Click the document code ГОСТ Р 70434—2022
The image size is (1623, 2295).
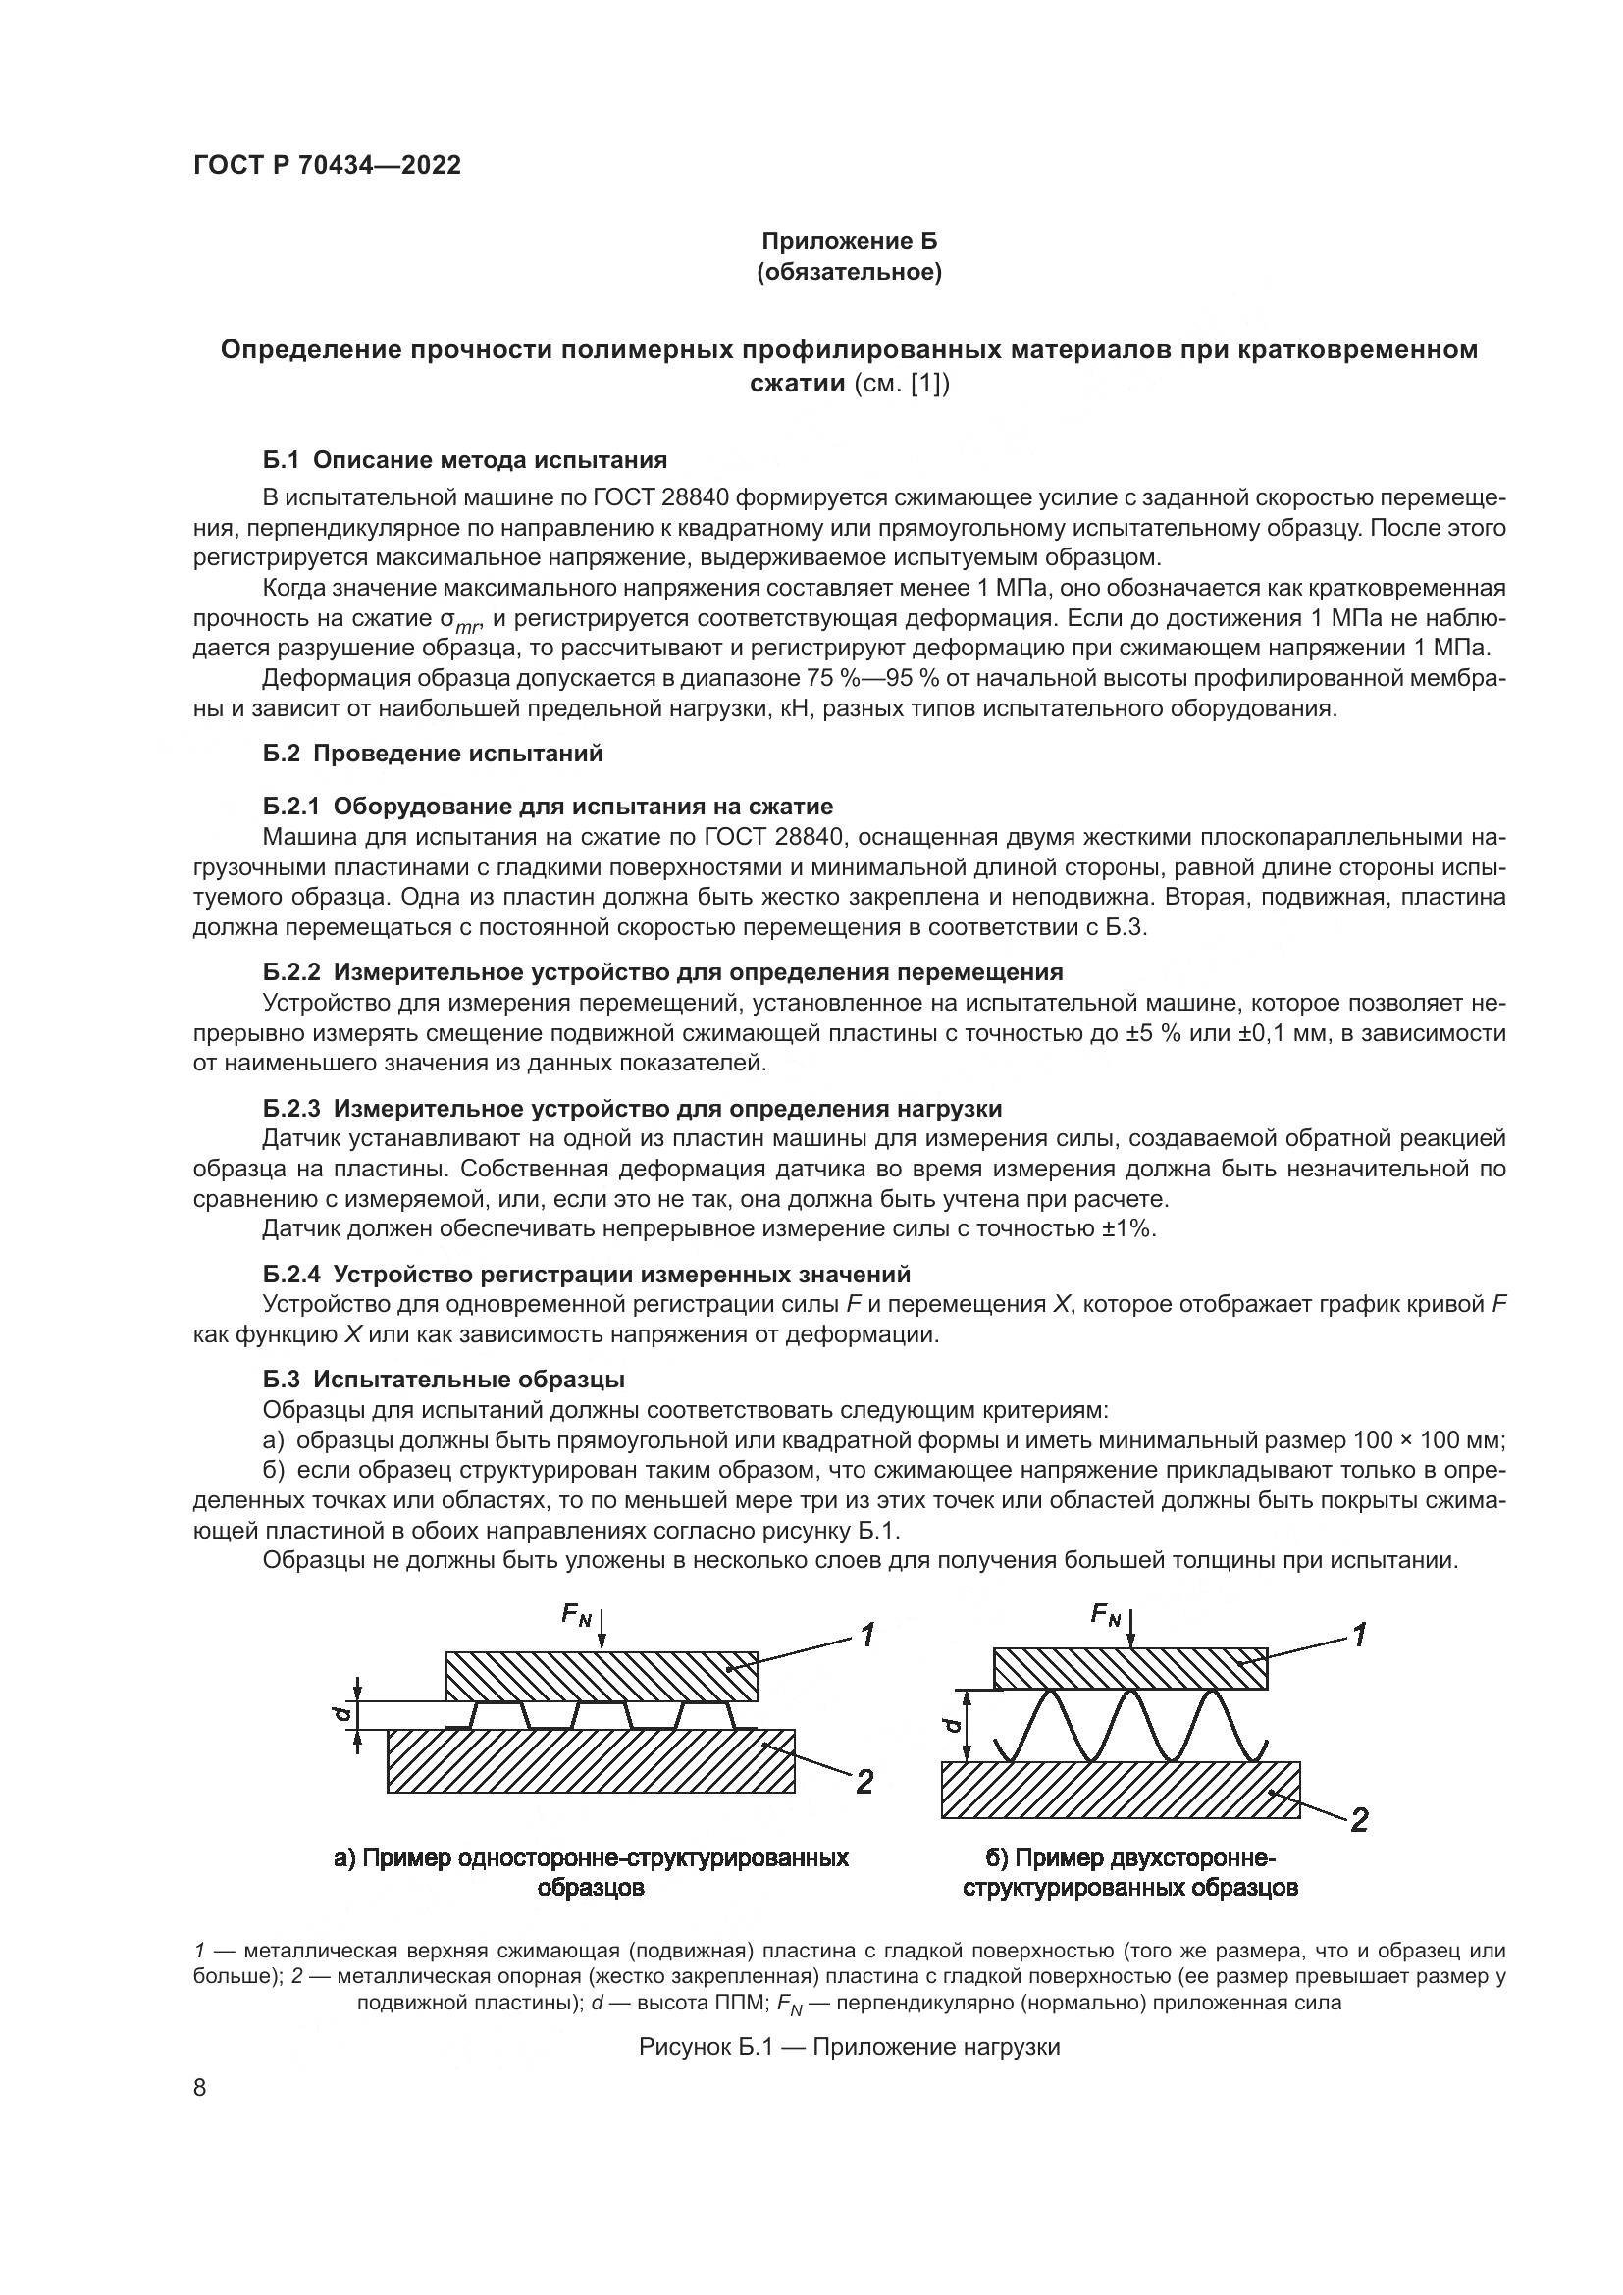coord(327,165)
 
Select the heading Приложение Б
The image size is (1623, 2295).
coord(850,241)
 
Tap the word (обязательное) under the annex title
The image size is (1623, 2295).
coord(850,272)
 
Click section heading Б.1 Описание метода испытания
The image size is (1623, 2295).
coord(465,460)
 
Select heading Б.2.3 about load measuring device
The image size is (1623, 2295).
coord(632,1108)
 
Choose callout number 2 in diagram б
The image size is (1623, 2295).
coord(1358,1820)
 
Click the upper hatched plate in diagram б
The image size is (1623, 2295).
coord(1130,1668)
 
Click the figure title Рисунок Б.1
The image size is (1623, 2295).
coord(849,2046)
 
